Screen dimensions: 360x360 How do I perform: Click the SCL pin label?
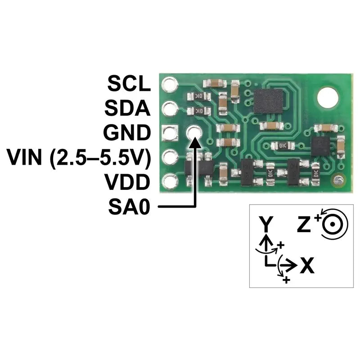coord(129,84)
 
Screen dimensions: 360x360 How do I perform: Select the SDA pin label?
coord(127,108)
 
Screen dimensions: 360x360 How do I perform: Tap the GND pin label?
coord(127,132)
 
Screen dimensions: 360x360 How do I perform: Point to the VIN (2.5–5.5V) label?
coord(79,157)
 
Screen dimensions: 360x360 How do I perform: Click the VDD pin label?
coord(127,182)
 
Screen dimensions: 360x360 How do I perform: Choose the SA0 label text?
coord(129,207)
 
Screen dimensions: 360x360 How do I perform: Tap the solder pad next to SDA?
coord(170,108)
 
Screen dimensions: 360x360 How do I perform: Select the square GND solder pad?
coord(170,133)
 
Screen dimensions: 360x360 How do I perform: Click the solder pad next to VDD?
coord(170,182)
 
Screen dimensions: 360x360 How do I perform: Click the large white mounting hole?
coord(328,97)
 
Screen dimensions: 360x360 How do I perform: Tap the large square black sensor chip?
coord(268,101)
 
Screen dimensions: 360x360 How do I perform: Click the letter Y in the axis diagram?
coord(266,224)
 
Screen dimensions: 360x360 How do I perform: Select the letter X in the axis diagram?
coord(307,265)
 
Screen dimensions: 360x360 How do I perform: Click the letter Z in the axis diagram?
coord(304,224)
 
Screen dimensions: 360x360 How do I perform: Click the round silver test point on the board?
coord(338,180)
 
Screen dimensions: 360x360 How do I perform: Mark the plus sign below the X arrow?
coord(286,280)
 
